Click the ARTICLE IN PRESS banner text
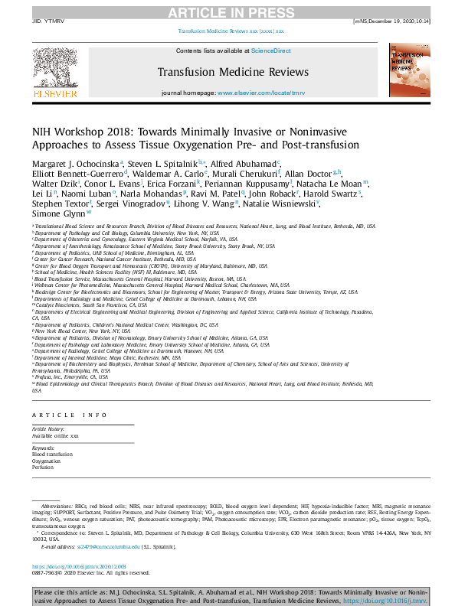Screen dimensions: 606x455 [227, 11]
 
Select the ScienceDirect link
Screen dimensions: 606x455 [270, 50]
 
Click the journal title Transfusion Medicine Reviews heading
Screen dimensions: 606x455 [233, 72]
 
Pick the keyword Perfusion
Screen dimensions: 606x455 [44, 468]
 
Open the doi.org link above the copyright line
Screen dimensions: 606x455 [74, 565]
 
